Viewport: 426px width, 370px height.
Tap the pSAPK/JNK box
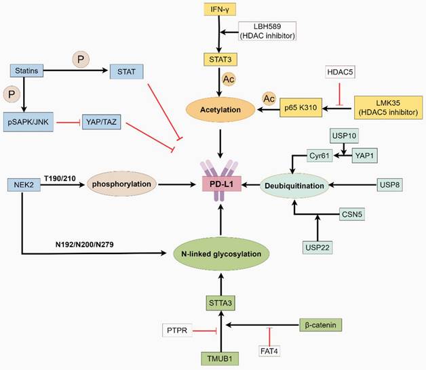pyautogui.click(x=28, y=122)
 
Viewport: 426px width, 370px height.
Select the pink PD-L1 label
pyautogui.click(x=218, y=184)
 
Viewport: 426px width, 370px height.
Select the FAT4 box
pyautogui.click(x=269, y=351)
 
